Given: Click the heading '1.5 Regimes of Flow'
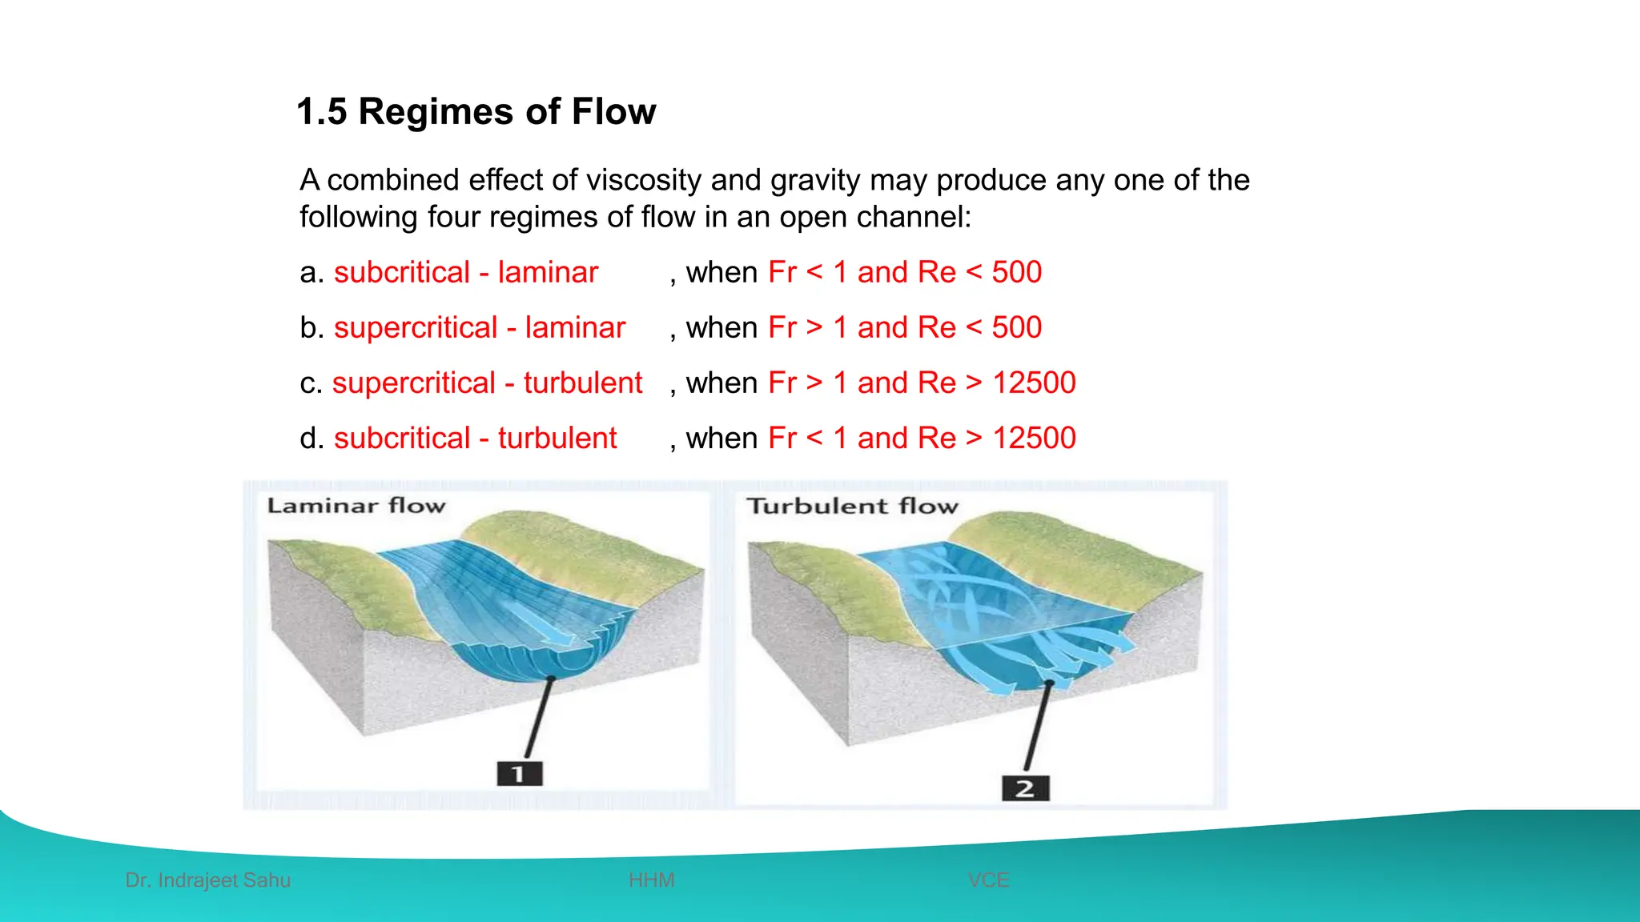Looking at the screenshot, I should (476, 111).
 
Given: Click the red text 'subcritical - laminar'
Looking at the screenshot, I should (466, 272).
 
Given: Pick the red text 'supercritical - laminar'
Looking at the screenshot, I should (479, 327).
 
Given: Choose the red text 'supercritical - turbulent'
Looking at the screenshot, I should (487, 383).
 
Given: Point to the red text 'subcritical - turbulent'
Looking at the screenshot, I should (475, 438).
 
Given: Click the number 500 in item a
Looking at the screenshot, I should (1016, 272).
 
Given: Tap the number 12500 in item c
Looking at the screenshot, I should (1034, 383).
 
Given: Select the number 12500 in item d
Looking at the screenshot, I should (1034, 438).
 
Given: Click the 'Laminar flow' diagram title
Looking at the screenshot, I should (356, 506).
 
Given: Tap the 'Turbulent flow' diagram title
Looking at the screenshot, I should (852, 506).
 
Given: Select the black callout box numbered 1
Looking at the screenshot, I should (519, 774).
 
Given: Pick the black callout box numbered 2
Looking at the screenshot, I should (1025, 788).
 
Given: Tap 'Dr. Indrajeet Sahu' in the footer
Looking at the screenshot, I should (208, 880).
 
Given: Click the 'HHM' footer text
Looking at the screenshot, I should (651, 880).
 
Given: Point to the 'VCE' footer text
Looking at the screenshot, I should (988, 880).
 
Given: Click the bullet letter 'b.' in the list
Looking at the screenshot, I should (312, 327).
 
